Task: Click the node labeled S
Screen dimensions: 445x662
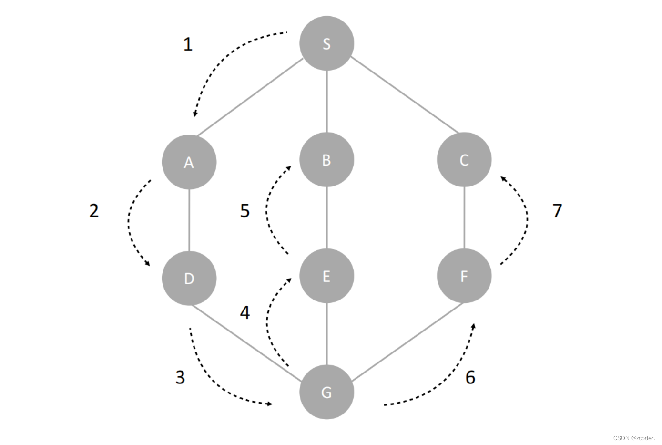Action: (326, 43)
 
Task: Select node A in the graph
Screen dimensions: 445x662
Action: (189, 162)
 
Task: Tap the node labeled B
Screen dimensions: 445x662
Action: (326, 160)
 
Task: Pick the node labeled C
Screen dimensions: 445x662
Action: (464, 160)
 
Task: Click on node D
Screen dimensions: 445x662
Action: (189, 278)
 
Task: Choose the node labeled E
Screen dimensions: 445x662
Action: (326, 276)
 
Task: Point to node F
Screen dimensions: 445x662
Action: (464, 276)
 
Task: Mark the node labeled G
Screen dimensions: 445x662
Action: (326, 392)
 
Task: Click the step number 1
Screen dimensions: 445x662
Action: (188, 44)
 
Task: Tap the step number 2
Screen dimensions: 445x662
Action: (94, 210)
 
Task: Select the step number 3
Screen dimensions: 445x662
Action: (180, 377)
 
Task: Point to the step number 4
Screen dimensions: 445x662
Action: (244, 312)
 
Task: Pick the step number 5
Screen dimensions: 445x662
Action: (244, 210)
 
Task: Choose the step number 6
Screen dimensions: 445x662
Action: (470, 377)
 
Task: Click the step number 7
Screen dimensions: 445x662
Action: (557, 210)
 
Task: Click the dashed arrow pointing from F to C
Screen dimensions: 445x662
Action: (526, 219)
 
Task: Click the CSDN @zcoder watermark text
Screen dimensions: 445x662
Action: (634, 438)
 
